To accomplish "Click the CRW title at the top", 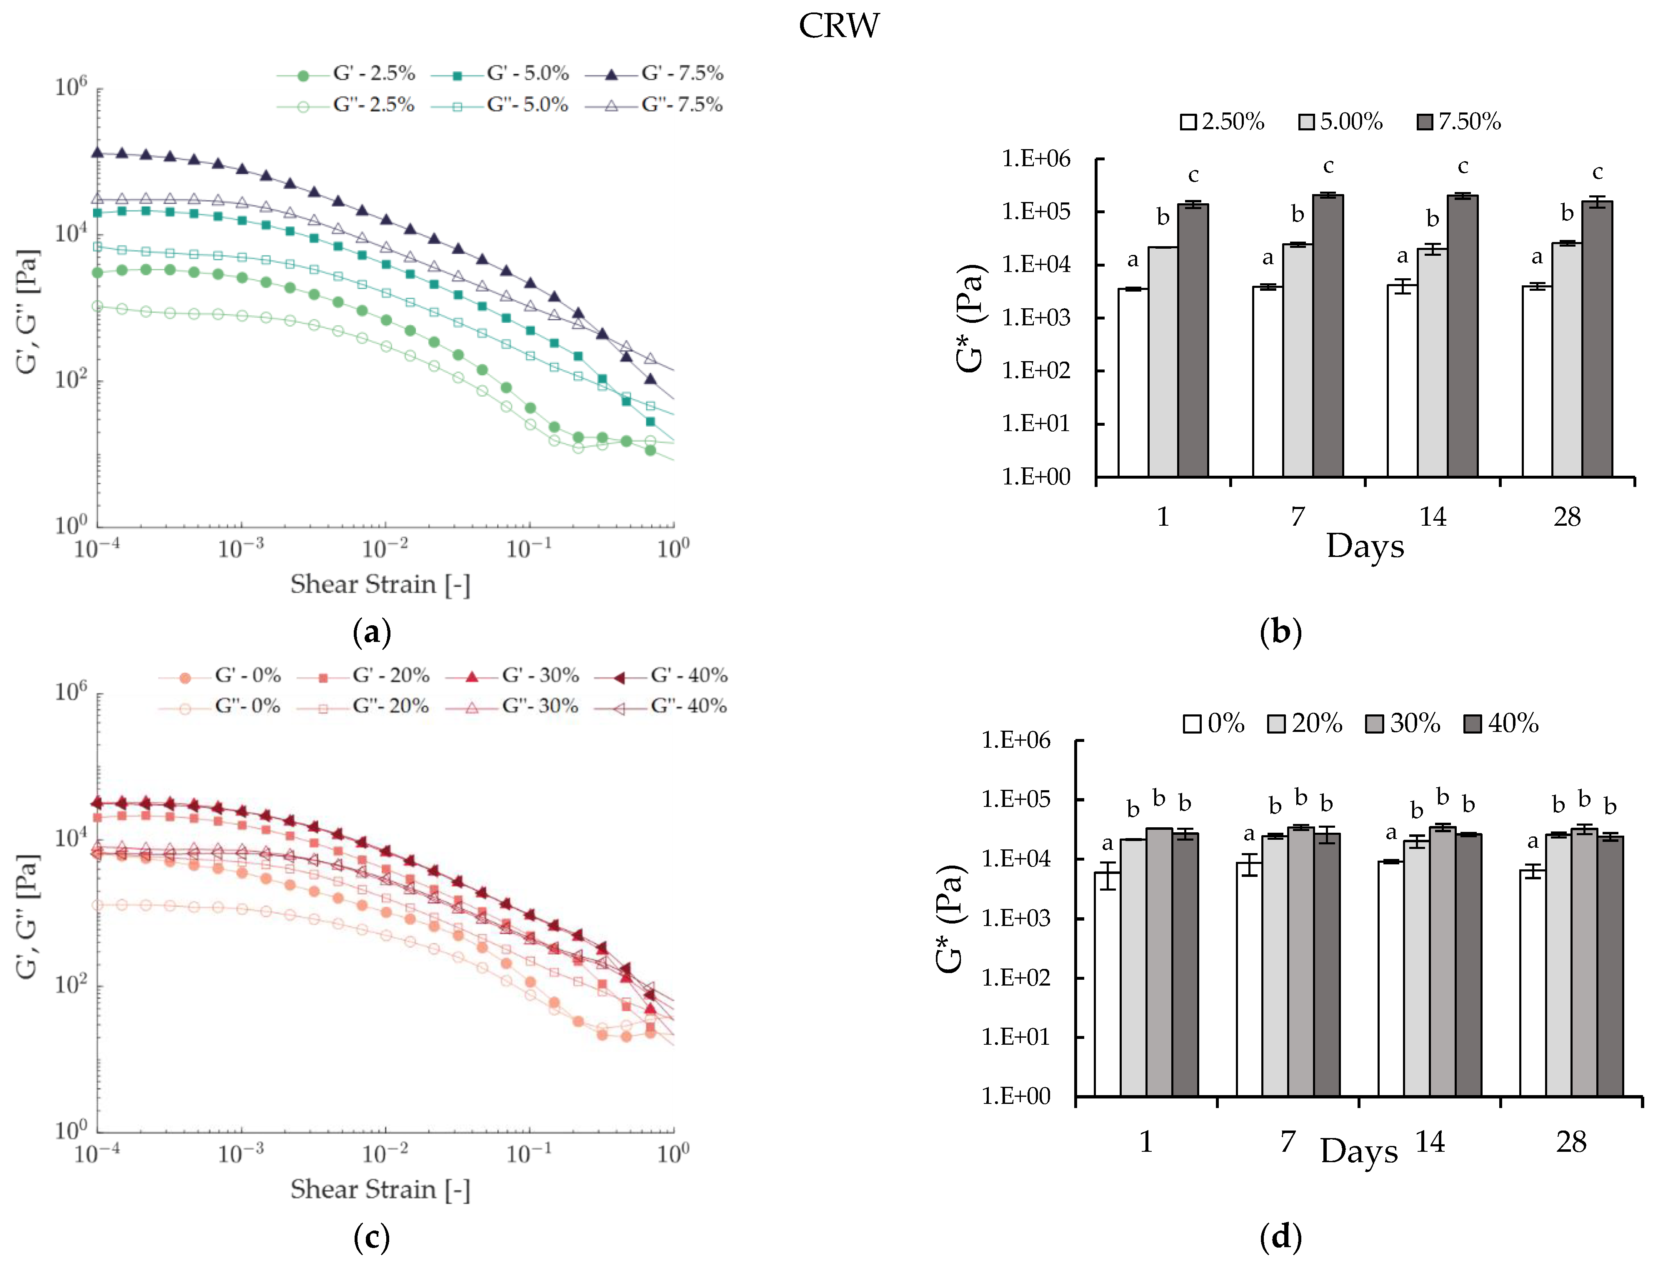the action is coord(839,26).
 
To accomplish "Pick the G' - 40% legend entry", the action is coord(661,676).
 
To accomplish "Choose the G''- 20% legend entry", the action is coord(363,706).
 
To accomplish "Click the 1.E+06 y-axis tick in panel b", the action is coord(1036,158).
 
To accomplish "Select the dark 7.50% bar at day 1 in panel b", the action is coord(1193,340).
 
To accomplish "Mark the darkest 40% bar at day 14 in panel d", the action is coord(1468,965).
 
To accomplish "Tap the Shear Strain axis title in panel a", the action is coord(380,584).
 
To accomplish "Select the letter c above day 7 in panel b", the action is coord(1328,167).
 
